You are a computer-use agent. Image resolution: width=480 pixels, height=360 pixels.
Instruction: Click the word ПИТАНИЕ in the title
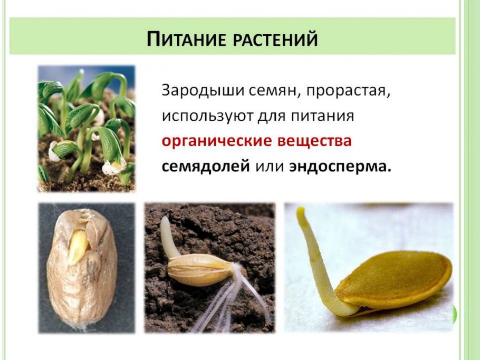(185, 39)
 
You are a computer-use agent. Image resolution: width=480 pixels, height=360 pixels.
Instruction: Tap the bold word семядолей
(205, 166)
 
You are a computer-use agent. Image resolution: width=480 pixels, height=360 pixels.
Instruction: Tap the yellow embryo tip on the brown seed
(78, 246)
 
